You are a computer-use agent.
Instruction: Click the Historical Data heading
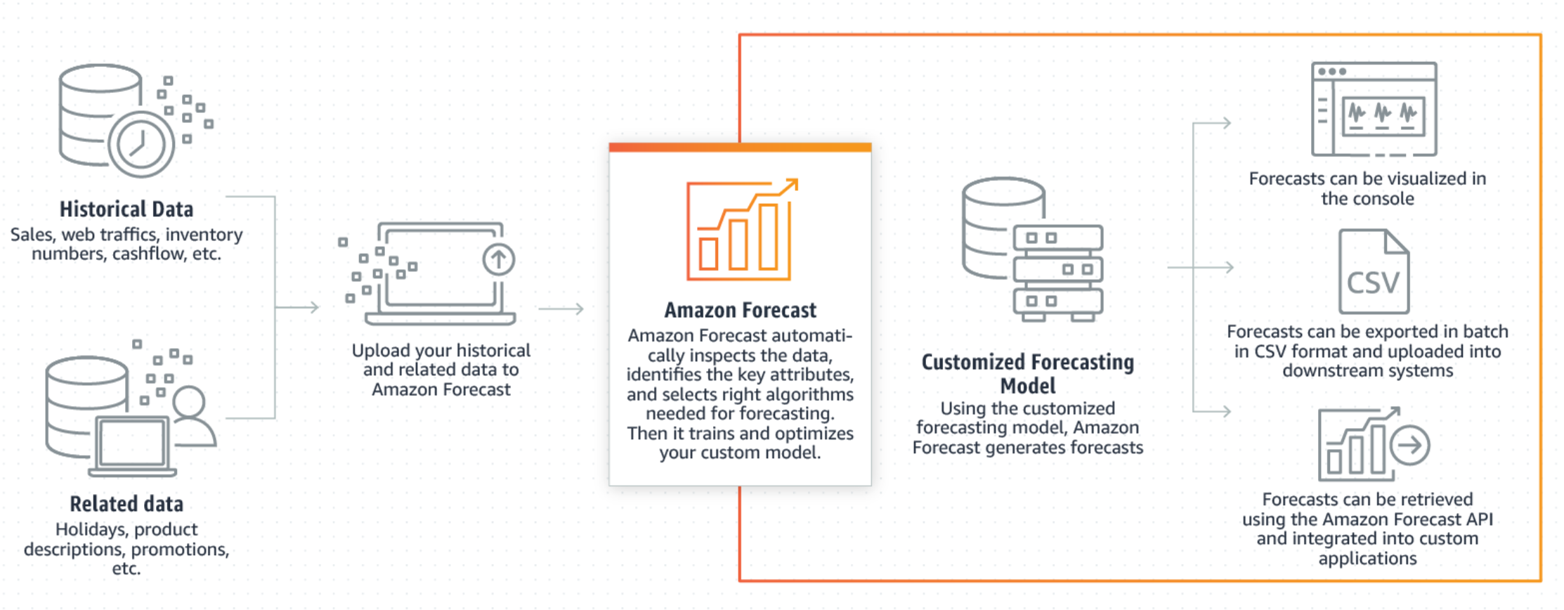tap(126, 209)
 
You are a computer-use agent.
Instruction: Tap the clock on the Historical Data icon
tap(141, 144)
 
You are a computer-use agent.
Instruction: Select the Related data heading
tap(126, 504)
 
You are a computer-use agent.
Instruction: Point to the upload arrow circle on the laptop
tap(499, 259)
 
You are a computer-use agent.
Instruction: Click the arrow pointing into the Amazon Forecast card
tap(561, 309)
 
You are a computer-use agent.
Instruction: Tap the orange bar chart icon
tap(742, 229)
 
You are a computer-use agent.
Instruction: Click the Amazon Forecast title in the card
tap(741, 310)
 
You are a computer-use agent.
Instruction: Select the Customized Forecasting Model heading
tap(1028, 374)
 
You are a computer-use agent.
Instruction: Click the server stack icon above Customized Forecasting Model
tap(1032, 249)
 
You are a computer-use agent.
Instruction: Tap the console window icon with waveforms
tap(1374, 109)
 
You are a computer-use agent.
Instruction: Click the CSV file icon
tap(1374, 271)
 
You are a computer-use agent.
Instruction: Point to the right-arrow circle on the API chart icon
tap(1410, 445)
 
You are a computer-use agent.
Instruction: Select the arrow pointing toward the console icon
tap(1212, 123)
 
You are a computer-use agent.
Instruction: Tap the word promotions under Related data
tap(179, 550)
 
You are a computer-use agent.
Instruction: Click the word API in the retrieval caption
tap(1478, 519)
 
